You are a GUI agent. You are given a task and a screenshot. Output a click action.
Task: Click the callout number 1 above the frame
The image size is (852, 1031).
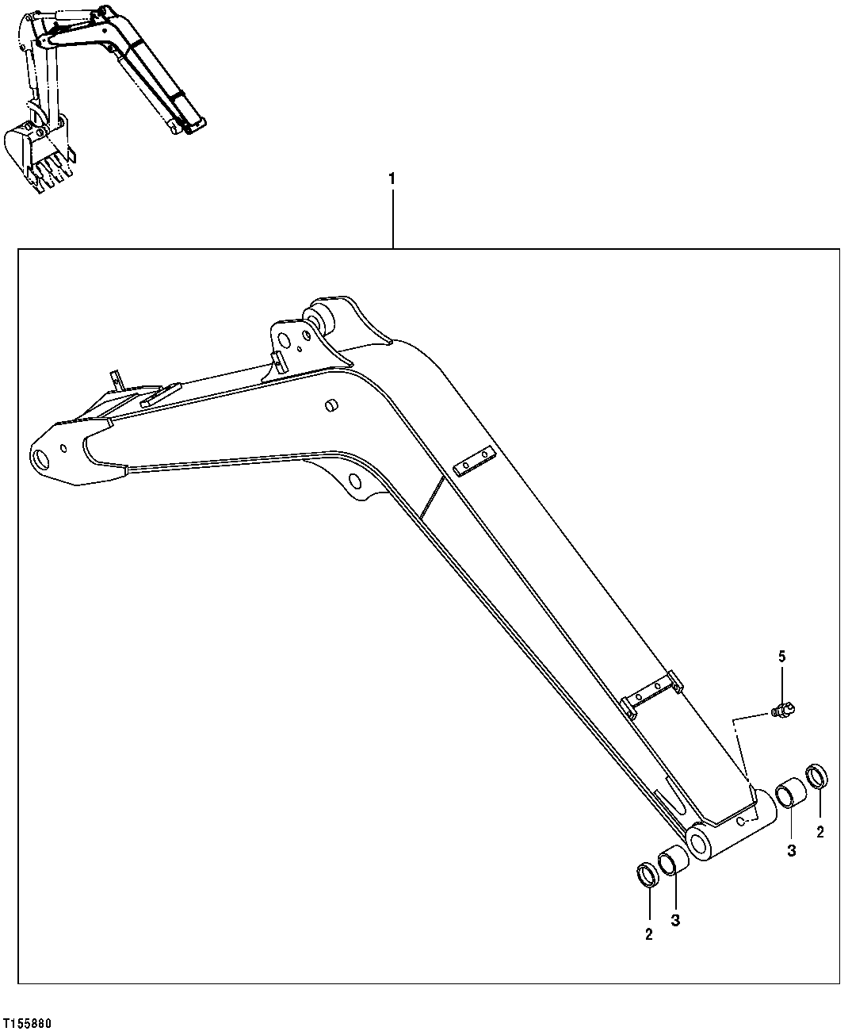point(391,179)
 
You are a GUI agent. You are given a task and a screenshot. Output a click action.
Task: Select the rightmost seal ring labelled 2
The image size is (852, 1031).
point(818,776)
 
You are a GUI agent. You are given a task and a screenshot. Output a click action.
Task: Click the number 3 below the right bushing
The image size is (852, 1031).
point(791,850)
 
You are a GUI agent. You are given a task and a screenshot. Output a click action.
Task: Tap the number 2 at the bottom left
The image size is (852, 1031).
point(648,934)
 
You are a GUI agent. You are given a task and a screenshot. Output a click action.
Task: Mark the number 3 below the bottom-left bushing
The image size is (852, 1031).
point(676,920)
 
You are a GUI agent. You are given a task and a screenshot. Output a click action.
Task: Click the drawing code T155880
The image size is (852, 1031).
point(28,1023)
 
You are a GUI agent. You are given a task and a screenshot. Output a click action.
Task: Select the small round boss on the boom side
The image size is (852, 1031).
point(330,406)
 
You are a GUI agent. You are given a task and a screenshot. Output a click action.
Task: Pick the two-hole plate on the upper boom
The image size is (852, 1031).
point(474,462)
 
